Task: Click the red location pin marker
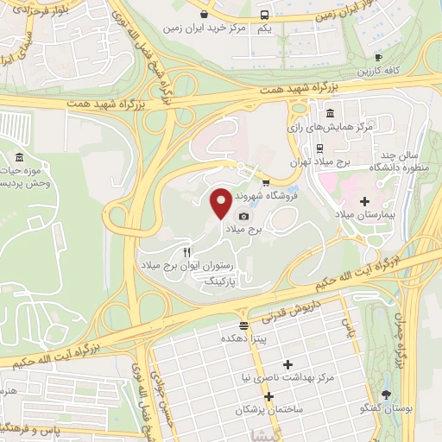[x=220, y=204]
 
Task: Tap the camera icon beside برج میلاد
[x=244, y=216]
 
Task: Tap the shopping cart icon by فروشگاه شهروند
[x=266, y=182]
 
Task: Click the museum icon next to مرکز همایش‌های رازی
[x=331, y=113]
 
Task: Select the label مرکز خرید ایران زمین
[x=234, y=28]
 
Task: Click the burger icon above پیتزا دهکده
[x=245, y=326]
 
